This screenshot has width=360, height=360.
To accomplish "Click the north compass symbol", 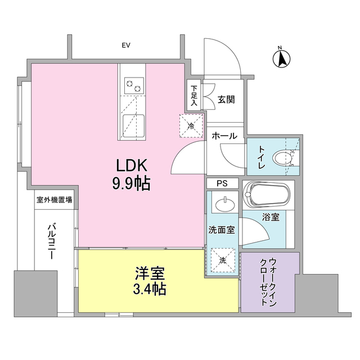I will coord(282,58).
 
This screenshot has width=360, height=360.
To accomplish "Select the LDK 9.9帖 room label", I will coord(133,174).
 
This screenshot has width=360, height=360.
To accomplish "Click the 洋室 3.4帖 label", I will coord(150,282).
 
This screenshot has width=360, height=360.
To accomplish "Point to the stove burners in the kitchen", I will coord(134,86).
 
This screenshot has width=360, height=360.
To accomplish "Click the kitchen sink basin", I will coord(133,123).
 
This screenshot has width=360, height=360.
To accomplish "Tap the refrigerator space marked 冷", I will coord(190,124).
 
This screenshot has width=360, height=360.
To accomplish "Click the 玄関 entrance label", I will coord(226,100).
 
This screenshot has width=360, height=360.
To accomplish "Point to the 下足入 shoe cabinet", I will coord(193,96).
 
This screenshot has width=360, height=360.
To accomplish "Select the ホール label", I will coord(224,136).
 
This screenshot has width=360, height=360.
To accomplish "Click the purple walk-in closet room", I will coord(267,282).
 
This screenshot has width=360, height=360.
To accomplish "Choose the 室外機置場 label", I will coord(54,200).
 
